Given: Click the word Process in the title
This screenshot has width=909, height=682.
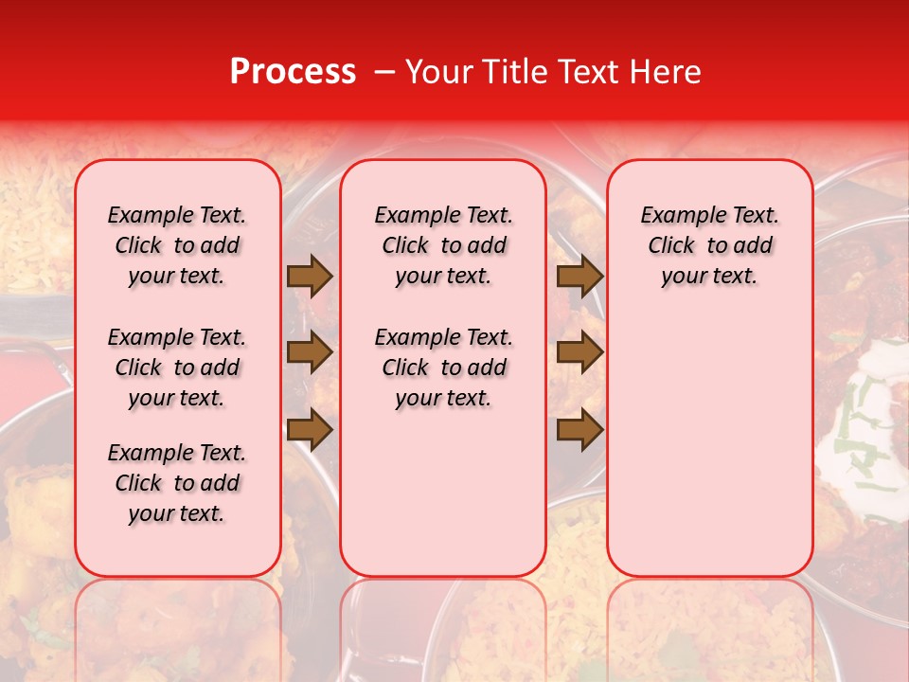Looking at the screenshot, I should [x=292, y=72].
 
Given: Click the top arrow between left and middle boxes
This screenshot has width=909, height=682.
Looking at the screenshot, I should [x=310, y=276].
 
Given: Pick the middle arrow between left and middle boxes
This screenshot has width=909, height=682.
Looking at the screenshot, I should [x=310, y=353].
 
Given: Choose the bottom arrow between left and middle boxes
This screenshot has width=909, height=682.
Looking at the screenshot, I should [x=310, y=430].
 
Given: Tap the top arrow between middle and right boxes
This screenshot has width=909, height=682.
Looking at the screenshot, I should [x=579, y=276].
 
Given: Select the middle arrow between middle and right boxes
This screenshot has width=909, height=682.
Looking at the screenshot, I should [x=579, y=353].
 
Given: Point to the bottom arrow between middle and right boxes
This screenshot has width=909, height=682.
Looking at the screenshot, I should [x=579, y=430].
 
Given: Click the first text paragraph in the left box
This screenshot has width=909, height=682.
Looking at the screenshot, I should [x=177, y=245].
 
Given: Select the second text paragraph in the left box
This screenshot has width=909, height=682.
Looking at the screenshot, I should [x=177, y=368].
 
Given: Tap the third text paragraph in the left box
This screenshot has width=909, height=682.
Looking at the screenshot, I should [x=177, y=483].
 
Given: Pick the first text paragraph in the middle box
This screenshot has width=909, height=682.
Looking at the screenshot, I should [x=443, y=245].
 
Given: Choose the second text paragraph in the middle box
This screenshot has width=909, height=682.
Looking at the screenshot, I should [x=443, y=368].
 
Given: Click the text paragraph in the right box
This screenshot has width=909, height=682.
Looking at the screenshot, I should [x=710, y=245].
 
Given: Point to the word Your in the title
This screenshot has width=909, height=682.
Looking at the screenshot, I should [x=438, y=72].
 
